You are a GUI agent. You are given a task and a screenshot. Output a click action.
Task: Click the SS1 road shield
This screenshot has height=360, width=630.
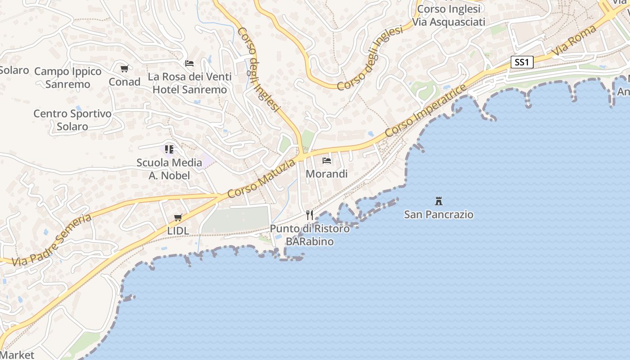(522, 62)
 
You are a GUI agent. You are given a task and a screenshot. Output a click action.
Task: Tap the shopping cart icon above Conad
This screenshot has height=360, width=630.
(124, 69)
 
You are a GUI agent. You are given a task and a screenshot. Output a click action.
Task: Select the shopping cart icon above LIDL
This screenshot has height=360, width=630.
(178, 218)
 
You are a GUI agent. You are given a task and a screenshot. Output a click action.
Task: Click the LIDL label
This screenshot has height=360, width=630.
(178, 230)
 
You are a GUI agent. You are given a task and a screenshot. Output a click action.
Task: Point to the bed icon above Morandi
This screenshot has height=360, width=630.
(327, 161)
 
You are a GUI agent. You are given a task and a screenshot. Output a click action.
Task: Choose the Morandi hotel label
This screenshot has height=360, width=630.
(327, 174)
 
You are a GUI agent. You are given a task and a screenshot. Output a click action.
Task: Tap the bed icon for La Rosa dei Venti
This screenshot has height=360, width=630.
(189, 63)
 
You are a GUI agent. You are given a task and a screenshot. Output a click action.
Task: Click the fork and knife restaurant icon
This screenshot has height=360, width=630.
(309, 215)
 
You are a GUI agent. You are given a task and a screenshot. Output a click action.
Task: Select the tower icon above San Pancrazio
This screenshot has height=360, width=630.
(439, 201)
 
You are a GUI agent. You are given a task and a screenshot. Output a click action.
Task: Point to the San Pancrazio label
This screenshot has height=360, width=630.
(439, 214)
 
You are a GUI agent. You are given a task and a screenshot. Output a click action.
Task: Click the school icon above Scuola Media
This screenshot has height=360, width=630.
(169, 149)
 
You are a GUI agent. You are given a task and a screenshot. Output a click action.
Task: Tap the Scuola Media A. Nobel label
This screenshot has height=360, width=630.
(169, 169)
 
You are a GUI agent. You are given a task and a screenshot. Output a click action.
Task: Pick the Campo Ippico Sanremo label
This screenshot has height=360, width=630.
(68, 77)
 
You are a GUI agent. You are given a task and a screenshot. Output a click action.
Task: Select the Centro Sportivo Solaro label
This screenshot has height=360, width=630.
(72, 120)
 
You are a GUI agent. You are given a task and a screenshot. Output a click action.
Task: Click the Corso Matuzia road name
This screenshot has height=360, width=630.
(261, 178)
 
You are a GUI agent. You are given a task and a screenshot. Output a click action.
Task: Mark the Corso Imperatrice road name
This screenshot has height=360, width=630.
(426, 110)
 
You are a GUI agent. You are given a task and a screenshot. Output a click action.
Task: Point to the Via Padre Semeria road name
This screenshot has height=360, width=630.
(52, 241)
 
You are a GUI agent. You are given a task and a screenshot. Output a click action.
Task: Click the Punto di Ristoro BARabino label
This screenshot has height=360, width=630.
(310, 235)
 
